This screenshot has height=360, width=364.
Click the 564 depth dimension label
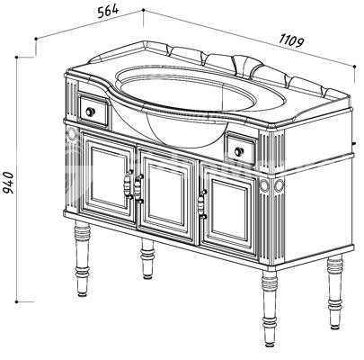point(109,12)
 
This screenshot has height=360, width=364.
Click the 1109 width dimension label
point(291,40)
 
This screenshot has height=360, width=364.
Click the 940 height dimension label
point(8,183)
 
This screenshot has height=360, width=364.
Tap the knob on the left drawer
point(91,112)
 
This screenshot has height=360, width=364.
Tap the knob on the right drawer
point(239,151)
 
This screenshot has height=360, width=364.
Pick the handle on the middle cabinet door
point(138,189)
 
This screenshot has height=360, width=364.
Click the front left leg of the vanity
point(82,258)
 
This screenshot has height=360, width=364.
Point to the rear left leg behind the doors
point(147,258)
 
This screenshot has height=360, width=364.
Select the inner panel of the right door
point(228,211)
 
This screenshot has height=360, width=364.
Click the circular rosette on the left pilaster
point(72,134)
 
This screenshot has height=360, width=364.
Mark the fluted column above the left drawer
point(72,100)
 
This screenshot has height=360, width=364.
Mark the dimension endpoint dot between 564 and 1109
point(143,10)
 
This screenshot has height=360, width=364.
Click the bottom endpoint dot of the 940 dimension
point(16,301)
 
